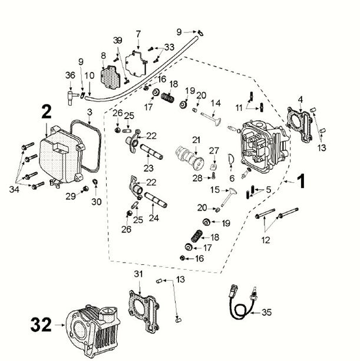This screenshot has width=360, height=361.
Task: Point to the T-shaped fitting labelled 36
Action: click(70, 93)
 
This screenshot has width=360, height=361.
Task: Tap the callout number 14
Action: click(216, 103)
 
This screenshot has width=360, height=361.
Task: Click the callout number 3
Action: click(90, 111)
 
